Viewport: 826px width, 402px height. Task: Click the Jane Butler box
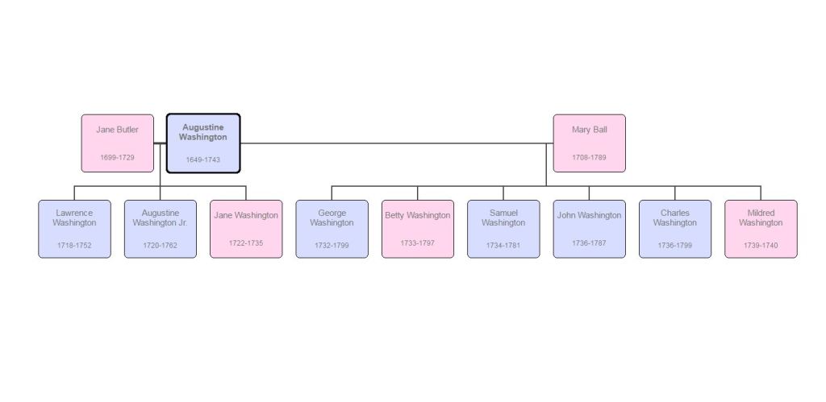117,143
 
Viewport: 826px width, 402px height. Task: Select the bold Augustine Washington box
202,143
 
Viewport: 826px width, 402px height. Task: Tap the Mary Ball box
589,143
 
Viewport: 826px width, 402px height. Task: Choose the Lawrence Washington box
74,229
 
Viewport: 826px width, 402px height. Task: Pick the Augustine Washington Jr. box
160,229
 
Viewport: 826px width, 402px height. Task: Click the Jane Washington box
246,229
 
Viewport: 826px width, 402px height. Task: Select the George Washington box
332,229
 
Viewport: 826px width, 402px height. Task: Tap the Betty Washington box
417,229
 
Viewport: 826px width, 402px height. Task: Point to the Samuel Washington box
503,229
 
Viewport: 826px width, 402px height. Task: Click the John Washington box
589,229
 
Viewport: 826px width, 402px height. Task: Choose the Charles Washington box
674,229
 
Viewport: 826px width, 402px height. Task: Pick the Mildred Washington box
761,229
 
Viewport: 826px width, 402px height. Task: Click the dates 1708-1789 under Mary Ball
589,158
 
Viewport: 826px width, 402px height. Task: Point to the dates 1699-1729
117,158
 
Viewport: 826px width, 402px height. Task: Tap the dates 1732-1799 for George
332,245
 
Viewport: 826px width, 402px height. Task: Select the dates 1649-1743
202,160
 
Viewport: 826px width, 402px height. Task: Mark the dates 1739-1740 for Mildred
761,245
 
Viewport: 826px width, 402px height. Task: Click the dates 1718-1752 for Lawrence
74,245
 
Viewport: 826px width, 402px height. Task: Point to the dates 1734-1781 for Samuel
503,245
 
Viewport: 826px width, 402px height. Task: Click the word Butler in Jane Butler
127,130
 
